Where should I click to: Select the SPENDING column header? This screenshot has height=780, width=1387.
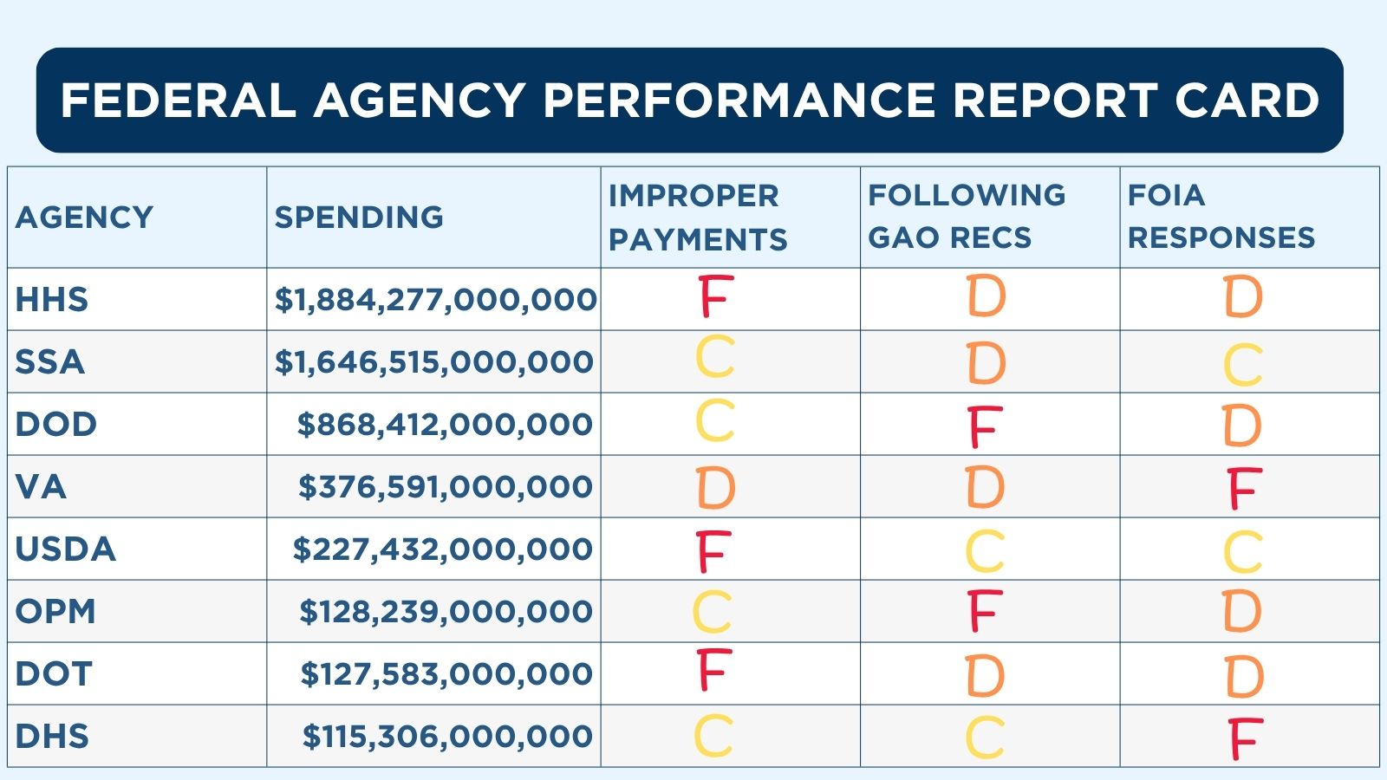coord(359,217)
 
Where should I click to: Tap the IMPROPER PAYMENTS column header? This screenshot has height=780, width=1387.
coord(697,217)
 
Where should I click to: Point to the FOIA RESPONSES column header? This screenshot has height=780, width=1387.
coord(1221,217)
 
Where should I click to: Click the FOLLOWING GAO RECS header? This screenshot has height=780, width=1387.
coord(966,217)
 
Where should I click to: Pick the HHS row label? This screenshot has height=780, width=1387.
coord(52,300)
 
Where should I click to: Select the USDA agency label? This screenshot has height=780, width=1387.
coord(66,549)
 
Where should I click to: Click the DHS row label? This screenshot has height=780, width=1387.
coord(52,737)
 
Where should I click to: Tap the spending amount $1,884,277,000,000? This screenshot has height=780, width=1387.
coord(435,300)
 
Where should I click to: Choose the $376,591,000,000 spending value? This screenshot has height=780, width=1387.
coord(446,487)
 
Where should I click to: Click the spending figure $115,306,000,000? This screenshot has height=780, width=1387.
coord(447,737)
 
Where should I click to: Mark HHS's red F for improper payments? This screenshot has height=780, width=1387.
coord(715,296)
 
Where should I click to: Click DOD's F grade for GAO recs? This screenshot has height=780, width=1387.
coord(985,426)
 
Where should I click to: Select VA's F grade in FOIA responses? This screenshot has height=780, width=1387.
coord(1244,489)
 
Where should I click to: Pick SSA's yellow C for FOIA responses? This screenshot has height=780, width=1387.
coord(1242,365)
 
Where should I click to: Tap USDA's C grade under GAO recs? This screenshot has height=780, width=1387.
coord(985,551)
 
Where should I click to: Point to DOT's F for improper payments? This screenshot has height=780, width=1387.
coord(714,671)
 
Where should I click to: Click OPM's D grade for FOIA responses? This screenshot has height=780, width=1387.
coord(1242,611)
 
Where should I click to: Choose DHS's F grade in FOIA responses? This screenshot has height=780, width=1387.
coord(1245,739)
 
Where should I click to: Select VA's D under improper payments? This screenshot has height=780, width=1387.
coord(715,488)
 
